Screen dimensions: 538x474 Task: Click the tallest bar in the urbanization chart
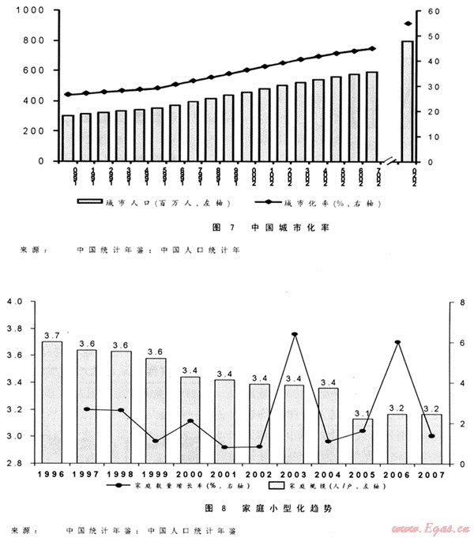[x=407, y=100]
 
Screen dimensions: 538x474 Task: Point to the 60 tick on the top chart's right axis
[x=433, y=12]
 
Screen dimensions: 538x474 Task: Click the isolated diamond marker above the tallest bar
[x=408, y=24]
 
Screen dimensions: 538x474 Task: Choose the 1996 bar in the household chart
[x=51, y=401]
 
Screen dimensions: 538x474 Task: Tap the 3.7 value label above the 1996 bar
[x=51, y=335]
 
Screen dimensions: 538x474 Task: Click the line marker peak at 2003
[x=295, y=334]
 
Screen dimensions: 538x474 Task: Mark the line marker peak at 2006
[x=398, y=342]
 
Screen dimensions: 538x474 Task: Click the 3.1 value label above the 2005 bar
[x=363, y=413]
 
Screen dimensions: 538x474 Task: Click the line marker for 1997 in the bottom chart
[x=87, y=409]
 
